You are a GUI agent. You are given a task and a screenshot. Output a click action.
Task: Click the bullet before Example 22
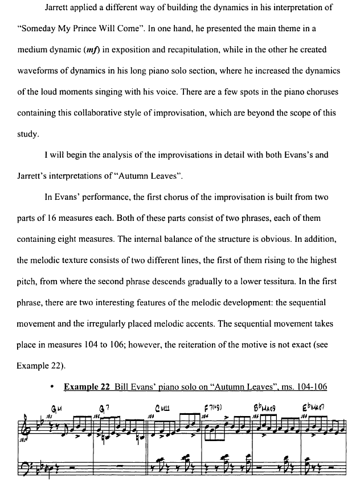pyautogui.click(x=52, y=387)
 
